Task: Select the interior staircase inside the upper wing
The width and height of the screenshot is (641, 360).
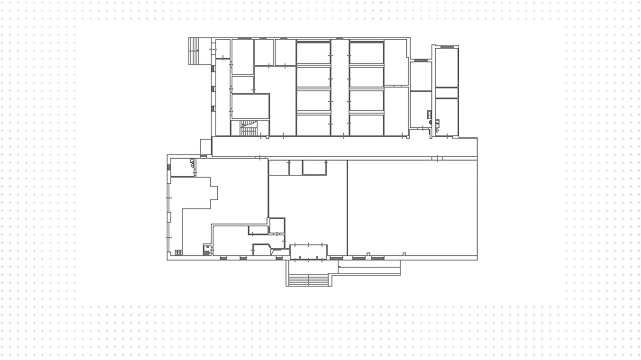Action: click(x=248, y=128)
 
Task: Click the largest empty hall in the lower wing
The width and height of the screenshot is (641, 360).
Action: click(x=412, y=207)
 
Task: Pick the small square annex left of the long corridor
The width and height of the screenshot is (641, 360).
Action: click(x=206, y=147)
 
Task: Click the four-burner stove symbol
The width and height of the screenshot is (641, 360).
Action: click(x=179, y=252)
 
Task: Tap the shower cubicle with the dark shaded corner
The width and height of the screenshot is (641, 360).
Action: click(x=207, y=250)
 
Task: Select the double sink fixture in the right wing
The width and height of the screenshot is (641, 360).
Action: click(x=429, y=114)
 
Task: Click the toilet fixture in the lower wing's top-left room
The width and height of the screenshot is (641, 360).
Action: click(x=192, y=163)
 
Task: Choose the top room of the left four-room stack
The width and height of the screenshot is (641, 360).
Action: click(x=313, y=53)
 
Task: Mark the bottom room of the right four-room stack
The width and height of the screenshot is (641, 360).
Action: click(x=366, y=125)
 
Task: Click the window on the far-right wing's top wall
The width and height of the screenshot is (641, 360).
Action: click(x=447, y=47)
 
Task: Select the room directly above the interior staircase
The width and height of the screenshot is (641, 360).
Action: click(x=250, y=106)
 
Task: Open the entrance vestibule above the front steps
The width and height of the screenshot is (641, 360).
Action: click(x=308, y=251)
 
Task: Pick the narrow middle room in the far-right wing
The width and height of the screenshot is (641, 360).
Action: click(x=447, y=93)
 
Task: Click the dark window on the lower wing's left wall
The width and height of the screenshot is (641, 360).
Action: click(x=169, y=167)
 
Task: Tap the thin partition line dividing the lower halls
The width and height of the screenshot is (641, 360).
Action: click(x=347, y=207)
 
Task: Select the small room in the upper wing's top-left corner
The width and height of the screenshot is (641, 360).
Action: click(x=223, y=49)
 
